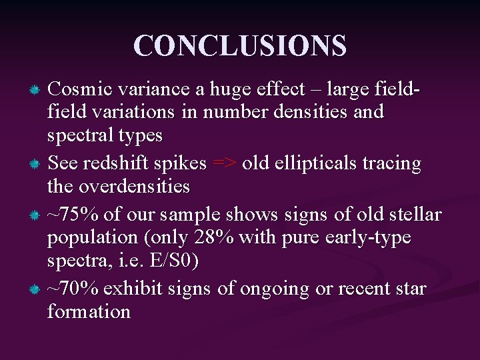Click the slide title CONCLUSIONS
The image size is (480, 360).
[240, 46]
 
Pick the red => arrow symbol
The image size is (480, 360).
[224, 163]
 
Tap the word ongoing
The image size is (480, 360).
[271, 289]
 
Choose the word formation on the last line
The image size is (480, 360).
[89, 312]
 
